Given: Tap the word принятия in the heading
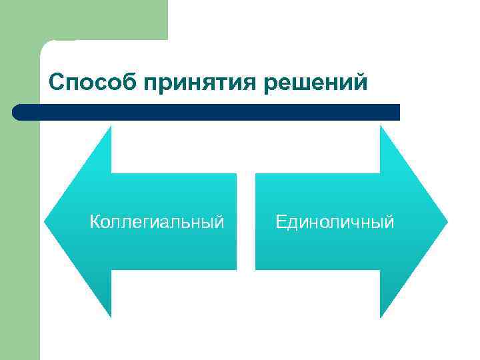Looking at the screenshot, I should [203, 83].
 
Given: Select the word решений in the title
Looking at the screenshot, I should [317, 82].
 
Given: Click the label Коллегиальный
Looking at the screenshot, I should [157, 221].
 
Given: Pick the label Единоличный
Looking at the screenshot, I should [335, 221].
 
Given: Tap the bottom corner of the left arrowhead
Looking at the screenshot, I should [110, 315].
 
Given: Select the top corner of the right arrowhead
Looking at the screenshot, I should [381, 127].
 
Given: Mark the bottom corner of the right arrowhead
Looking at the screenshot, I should [381, 316].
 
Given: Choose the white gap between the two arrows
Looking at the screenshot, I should [246, 221].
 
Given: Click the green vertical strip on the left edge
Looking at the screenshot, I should [20, 200].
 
